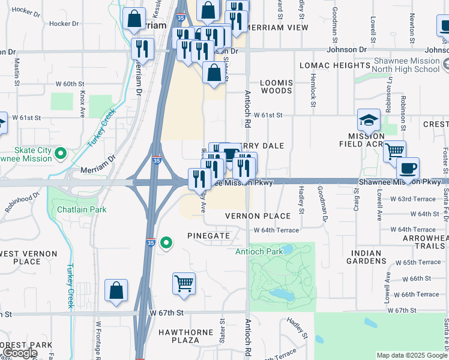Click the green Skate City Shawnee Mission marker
pyautogui.click(x=60, y=154)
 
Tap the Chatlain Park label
pyautogui.click(x=82, y=209)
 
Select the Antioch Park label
pyautogui.click(x=259, y=252)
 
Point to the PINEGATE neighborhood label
pyautogui.click(x=208, y=236)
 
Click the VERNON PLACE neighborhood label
pyautogui.click(x=258, y=216)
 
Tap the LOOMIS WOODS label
pyautogui.click(x=276, y=87)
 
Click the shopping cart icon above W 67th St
pyautogui.click(x=184, y=283)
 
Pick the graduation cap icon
pyautogui.click(x=369, y=120)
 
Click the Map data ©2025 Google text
pyautogui.click(x=412, y=355)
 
